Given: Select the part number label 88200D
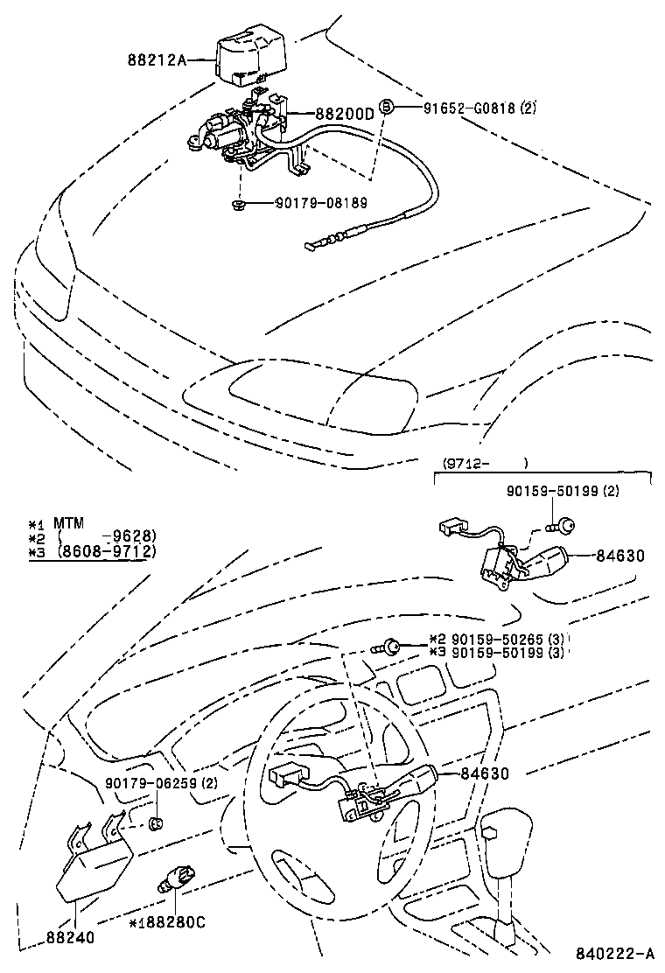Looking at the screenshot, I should pos(344,114).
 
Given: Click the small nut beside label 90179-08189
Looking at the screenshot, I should pos(238,204).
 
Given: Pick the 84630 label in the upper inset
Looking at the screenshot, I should pos(622,554).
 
